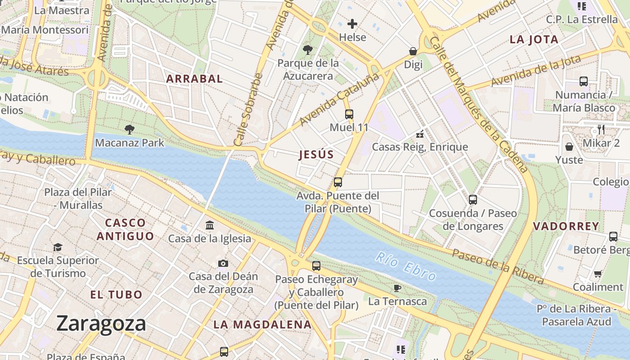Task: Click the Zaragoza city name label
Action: (101, 324)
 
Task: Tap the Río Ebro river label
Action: (405, 266)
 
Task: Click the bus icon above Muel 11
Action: (349, 114)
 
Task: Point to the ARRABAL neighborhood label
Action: (194, 79)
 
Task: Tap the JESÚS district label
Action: (316, 155)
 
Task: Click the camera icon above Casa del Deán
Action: (223, 263)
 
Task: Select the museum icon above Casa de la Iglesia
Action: (210, 225)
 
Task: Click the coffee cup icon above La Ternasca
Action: (397, 288)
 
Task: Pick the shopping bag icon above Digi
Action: (413, 51)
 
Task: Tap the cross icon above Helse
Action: (352, 23)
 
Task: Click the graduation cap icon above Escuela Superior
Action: (58, 247)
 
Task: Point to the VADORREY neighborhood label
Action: (566, 226)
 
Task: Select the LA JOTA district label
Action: (534, 40)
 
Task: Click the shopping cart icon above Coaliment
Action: (598, 274)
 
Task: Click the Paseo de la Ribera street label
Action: (498, 266)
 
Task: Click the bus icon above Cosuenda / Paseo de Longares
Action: (473, 199)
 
